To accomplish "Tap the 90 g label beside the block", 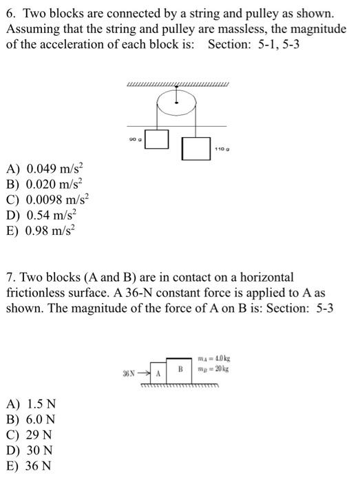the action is [134, 140].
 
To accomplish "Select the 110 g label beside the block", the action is [220, 149].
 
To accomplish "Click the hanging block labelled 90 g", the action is [158, 138].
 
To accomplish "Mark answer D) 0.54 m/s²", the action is [50, 215].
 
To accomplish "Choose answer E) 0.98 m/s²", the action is [50, 231].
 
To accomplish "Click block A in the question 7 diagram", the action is [158, 374].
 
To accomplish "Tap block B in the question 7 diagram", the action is [180, 369].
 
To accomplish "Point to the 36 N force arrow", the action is [142, 374].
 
